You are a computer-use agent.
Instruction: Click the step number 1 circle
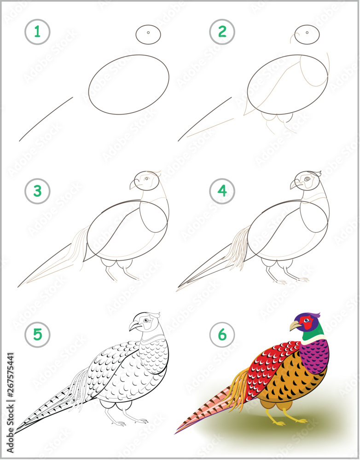click(x=37, y=32)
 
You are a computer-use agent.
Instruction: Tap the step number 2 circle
click(x=222, y=32)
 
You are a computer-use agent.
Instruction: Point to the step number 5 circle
click(x=37, y=334)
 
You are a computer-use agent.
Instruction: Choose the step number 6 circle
click(x=222, y=334)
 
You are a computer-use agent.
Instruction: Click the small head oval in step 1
click(x=148, y=34)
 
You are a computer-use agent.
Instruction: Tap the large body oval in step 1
click(x=128, y=84)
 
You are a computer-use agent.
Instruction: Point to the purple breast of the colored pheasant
click(x=315, y=354)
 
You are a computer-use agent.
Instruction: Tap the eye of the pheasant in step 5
click(x=146, y=320)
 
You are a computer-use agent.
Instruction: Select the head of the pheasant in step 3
click(x=145, y=180)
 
